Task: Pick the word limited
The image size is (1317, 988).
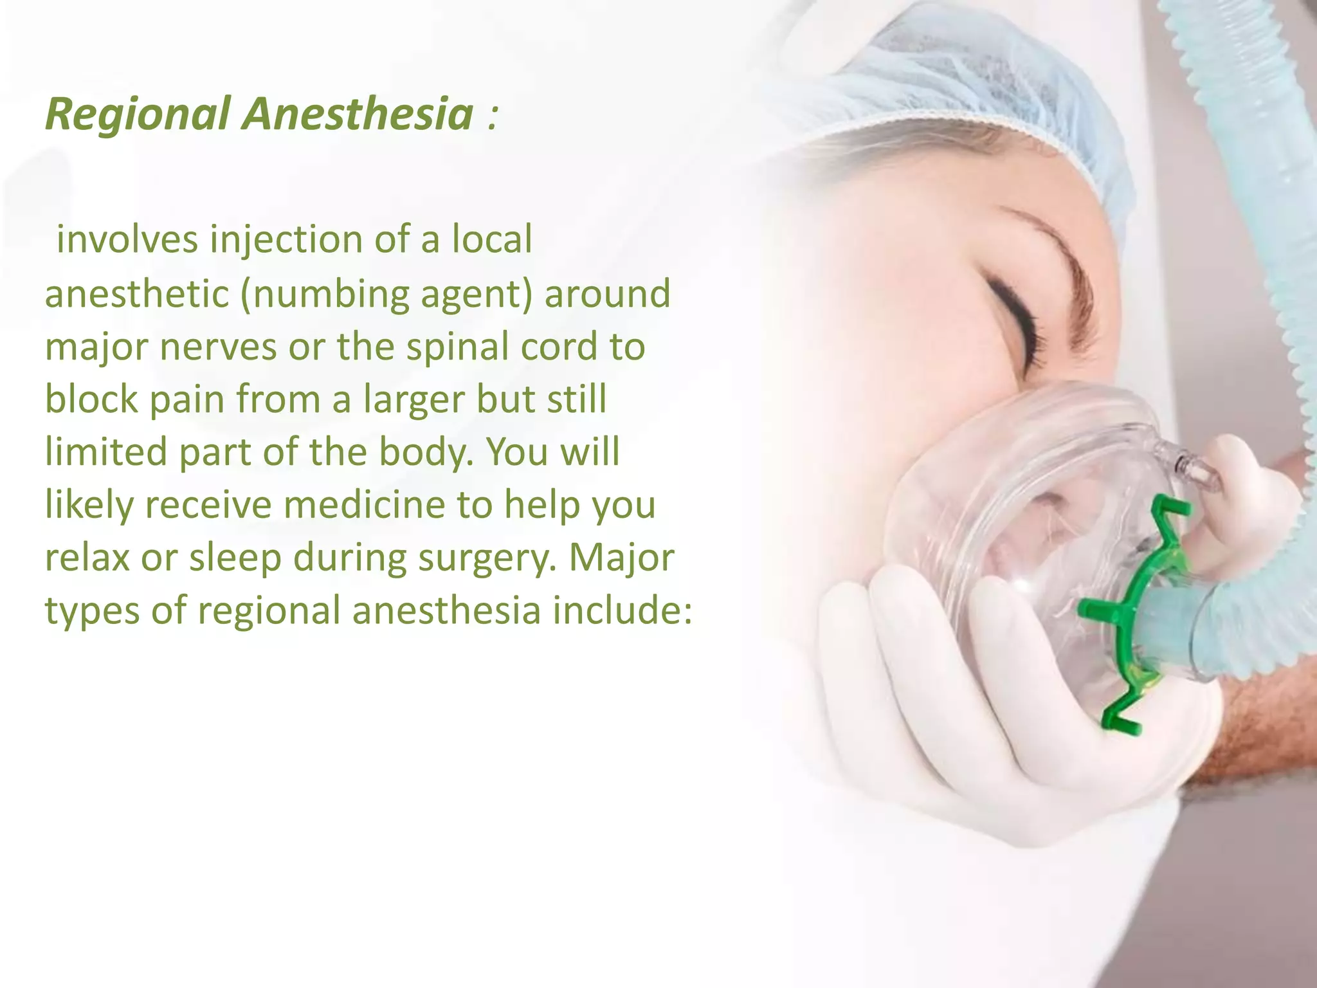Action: pos(105,452)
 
